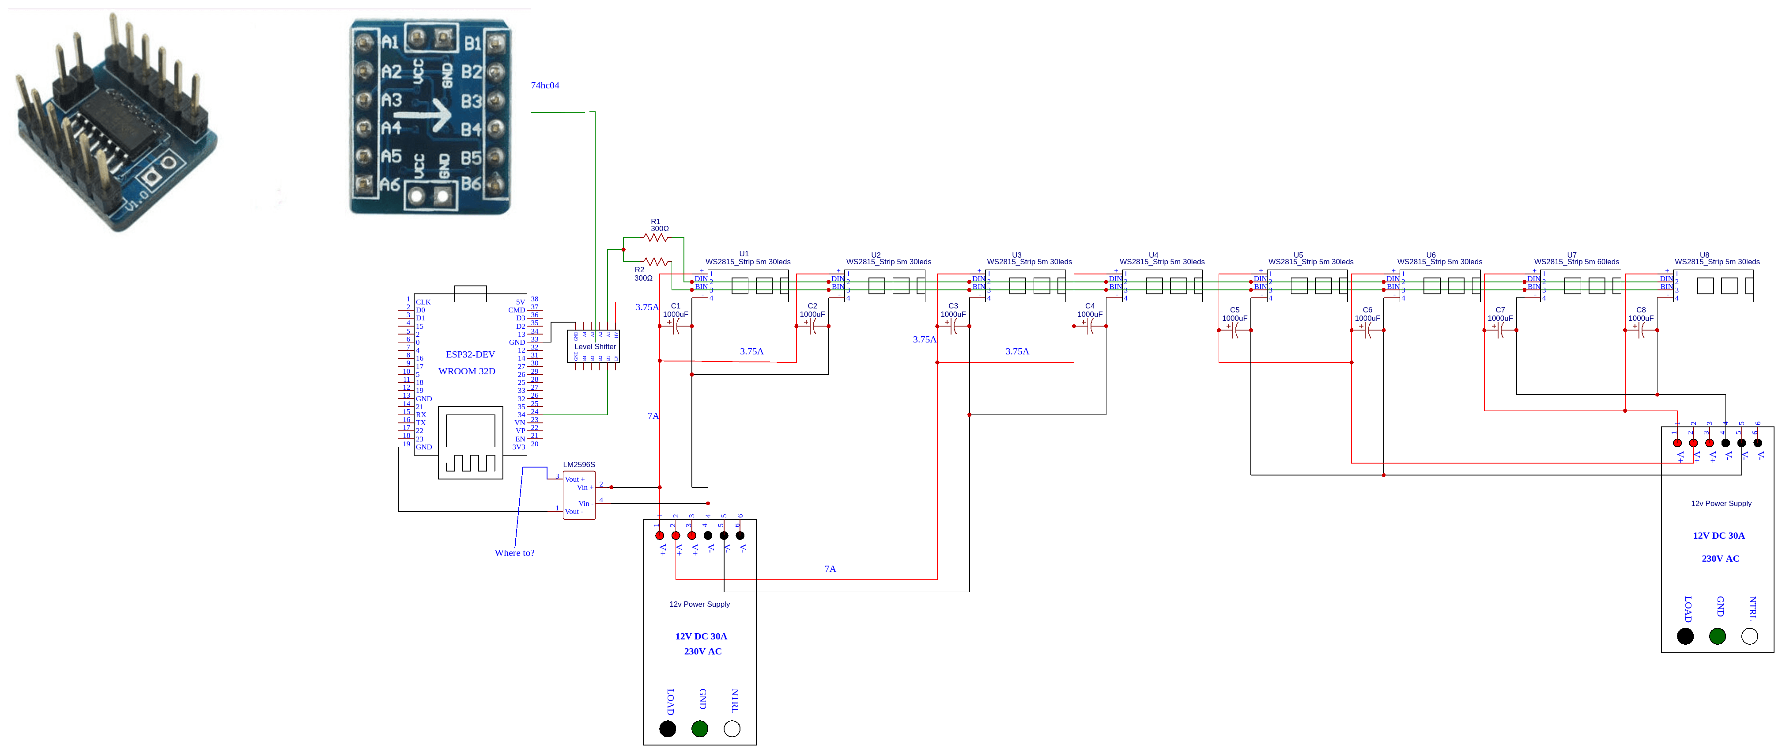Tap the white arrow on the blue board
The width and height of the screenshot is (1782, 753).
(432, 114)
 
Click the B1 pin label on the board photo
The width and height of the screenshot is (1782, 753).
(472, 44)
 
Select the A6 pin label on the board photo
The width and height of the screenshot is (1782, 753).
(391, 184)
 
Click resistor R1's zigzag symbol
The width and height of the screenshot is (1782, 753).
(655, 238)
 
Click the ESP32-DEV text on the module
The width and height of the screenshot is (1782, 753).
(470, 354)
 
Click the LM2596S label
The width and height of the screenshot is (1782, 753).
(578, 464)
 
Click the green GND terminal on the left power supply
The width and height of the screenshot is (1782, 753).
(699, 729)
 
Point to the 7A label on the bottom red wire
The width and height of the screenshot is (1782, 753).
(830, 569)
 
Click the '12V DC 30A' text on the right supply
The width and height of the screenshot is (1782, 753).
(1718, 536)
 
